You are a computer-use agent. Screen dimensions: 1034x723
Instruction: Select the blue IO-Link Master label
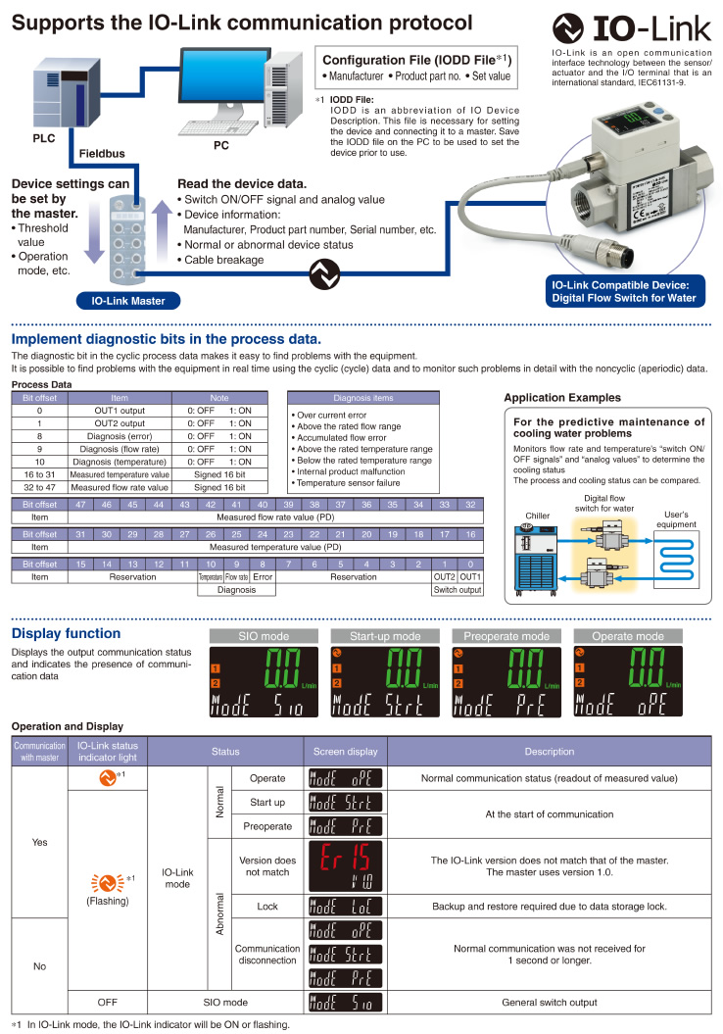coord(121,301)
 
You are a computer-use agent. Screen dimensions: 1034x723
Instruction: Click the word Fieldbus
coord(102,154)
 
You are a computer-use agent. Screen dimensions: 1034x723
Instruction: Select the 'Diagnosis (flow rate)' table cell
coord(120,448)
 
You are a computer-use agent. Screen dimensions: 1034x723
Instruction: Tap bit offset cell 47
coord(82,504)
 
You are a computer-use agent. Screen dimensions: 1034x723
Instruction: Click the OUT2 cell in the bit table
coord(445,577)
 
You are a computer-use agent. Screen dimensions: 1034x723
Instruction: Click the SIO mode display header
coord(264,636)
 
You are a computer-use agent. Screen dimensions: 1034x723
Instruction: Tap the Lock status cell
coord(267,907)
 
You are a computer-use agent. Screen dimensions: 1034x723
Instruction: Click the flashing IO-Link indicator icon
coord(108,855)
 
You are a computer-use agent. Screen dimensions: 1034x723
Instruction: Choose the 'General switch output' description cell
coord(549,1002)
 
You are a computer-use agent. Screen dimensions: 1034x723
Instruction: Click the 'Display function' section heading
coord(66,633)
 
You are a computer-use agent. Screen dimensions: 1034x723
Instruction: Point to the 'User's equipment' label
coord(679,518)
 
